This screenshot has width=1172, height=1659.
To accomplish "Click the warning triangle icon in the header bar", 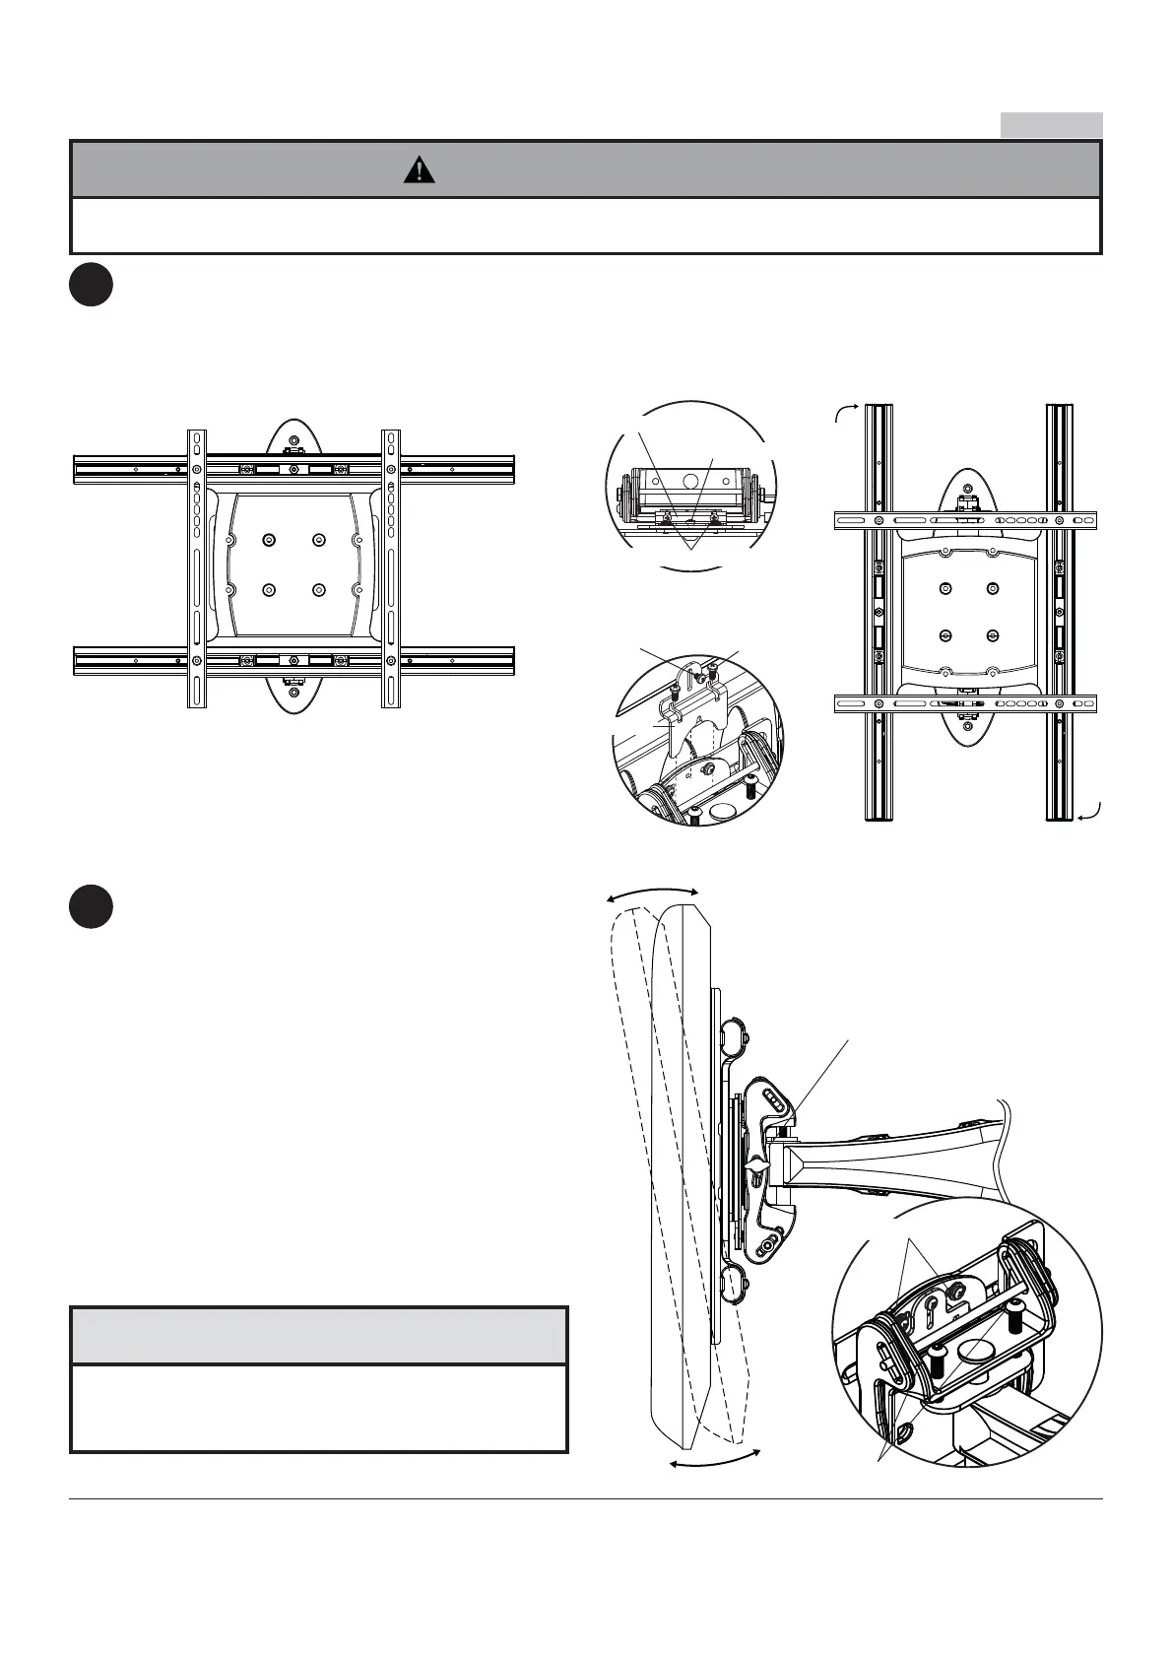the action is coord(420,170).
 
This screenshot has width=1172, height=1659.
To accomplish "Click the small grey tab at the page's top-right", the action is coord(1051,125).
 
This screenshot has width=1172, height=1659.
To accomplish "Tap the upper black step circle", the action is coord(92,285).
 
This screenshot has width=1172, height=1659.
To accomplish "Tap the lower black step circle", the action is coord(92,907).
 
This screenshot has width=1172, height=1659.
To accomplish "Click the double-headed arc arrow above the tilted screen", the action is coord(652,892).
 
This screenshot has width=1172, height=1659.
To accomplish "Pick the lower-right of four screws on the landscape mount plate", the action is coord(317,589).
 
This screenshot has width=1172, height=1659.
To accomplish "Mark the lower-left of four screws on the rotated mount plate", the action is coord(945,635).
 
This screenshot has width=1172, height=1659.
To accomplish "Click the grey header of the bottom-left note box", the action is coord(319,1336).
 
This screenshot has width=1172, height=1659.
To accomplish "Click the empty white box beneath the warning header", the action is coord(586,226).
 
